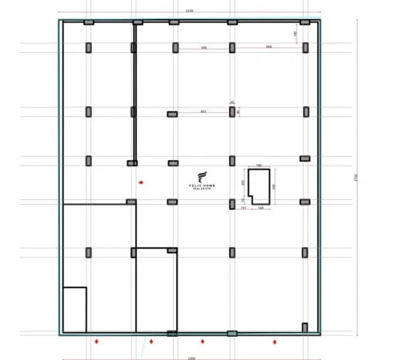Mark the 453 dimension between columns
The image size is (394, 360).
(203, 111)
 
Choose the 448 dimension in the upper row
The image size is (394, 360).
(204, 48)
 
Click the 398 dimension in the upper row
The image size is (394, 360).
(269, 48)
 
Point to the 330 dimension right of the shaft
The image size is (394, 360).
(274, 186)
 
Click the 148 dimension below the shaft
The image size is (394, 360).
(261, 208)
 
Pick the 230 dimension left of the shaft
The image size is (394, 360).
(243, 182)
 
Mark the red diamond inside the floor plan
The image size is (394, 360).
(141, 183)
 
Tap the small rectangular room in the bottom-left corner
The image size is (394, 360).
(74, 309)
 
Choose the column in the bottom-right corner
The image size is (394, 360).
(304, 326)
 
